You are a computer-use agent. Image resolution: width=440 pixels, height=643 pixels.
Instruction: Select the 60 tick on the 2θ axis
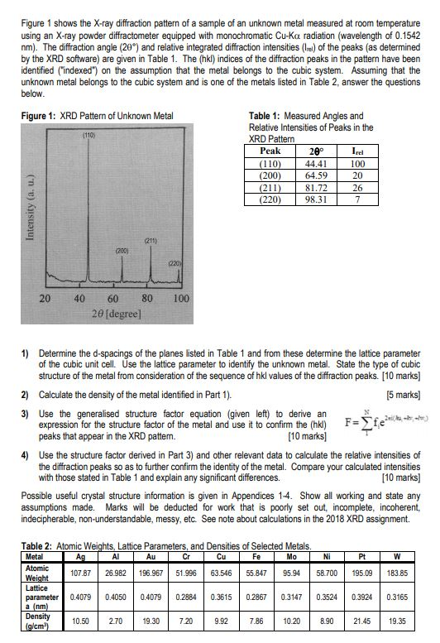112,298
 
